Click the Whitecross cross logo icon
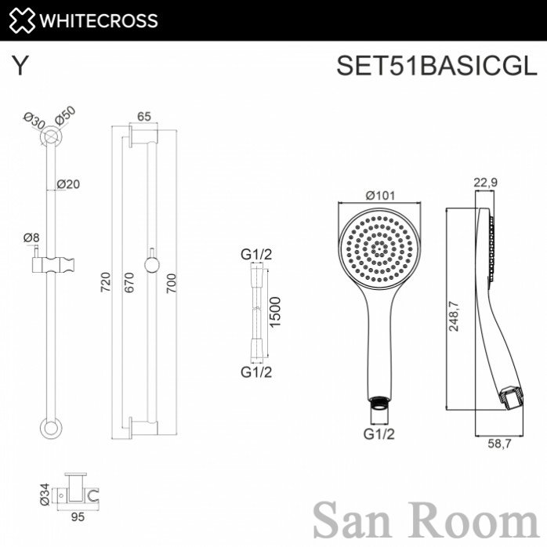click(22, 20)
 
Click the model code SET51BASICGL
click(437, 65)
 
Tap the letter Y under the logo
click(20, 66)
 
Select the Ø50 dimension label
click(65, 115)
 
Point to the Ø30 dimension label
click(34, 121)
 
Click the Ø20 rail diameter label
click(68, 184)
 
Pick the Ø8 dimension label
click(31, 238)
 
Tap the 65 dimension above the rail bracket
click(143, 116)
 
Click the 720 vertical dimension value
click(105, 282)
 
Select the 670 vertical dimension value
click(129, 282)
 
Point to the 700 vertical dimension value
click(172, 283)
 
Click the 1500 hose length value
click(275, 312)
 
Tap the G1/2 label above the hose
click(256, 255)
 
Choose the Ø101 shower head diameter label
click(381, 195)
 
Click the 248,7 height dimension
click(454, 316)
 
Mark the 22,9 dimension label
click(486, 182)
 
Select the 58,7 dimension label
click(499, 444)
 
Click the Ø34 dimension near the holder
click(45, 494)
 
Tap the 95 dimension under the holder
click(78, 516)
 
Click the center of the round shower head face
click(379, 248)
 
